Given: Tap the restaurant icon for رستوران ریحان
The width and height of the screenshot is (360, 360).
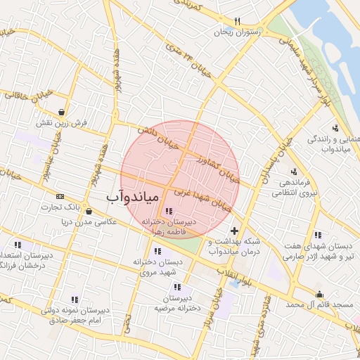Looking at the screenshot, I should coord(237,21).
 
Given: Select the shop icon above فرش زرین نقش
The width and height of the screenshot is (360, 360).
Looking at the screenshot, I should coord(63,111).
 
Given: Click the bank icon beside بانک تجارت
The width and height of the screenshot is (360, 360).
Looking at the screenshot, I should coord(60,196).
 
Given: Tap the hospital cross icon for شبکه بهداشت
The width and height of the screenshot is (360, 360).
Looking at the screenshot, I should coord(234,231).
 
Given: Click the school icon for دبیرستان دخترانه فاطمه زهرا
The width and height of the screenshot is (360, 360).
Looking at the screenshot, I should coord(168,211).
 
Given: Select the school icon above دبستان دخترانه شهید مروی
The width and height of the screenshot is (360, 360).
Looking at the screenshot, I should coord(157,250).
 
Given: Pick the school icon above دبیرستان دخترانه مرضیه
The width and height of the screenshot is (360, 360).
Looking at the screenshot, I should coord(177,287).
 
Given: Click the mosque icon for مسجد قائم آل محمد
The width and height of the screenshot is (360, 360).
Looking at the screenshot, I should coord(320,295).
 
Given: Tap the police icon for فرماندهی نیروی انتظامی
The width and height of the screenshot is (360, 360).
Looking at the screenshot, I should coord(293,172).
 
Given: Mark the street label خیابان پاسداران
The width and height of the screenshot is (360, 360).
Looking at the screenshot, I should coord(275,162).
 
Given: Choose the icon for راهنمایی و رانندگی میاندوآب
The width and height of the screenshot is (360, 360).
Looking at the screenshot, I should coord(335,128).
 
